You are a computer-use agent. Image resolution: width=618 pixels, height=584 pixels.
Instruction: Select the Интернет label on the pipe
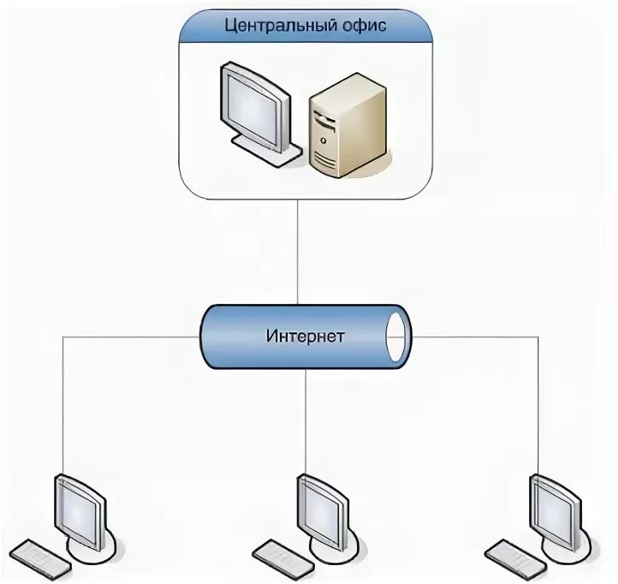tap(306, 336)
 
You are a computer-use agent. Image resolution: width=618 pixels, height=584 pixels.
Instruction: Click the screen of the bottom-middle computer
tap(321, 510)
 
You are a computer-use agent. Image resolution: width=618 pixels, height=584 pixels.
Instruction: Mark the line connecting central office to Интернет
tap(298, 248)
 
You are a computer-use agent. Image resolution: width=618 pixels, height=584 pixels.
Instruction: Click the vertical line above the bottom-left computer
tap(64, 402)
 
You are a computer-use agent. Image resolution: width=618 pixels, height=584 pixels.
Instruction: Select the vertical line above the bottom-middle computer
tap(306, 420)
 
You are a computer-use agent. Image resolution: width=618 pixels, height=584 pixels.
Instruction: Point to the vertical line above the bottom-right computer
tap(538, 402)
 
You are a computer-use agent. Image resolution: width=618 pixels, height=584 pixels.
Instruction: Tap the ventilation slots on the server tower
tap(325, 158)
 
